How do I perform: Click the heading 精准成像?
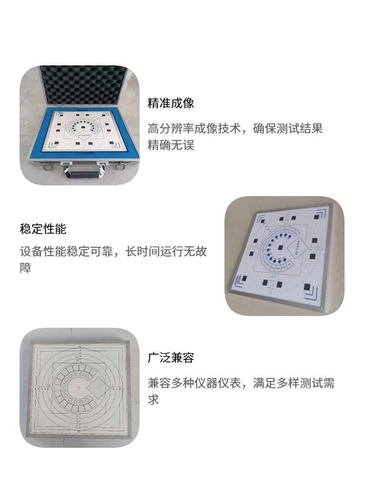pyautogui.click(x=171, y=103)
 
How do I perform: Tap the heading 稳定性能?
pyautogui.click(x=43, y=229)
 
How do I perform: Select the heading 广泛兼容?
pyautogui.click(x=171, y=357)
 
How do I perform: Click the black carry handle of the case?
pyautogui.click(x=83, y=175)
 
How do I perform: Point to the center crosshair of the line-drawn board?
pyautogui.click(x=79, y=387)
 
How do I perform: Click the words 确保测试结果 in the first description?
pyautogui.click(x=288, y=128)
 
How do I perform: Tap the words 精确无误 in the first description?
pyautogui.click(x=171, y=145)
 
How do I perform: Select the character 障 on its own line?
pyautogui.click(x=25, y=268)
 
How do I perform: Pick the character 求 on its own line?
pyautogui.click(x=153, y=399)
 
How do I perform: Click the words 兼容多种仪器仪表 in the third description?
pyautogui.click(x=194, y=382)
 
